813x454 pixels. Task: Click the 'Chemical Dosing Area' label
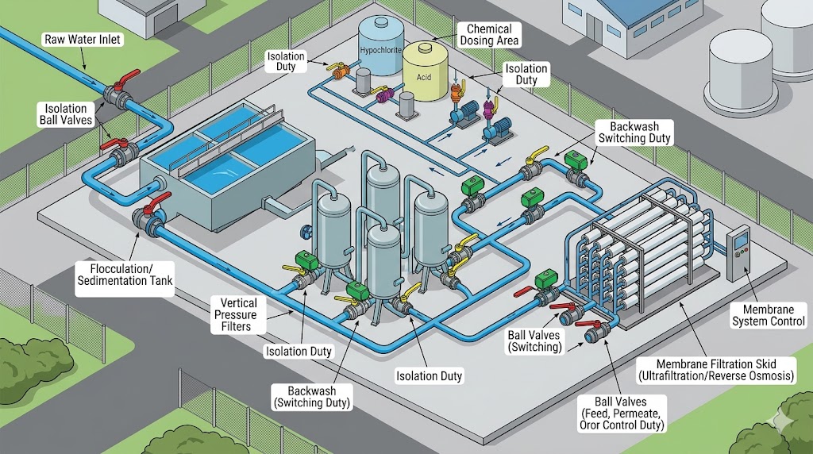(x=487, y=33)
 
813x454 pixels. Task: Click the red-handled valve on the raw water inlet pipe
(x=123, y=90)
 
